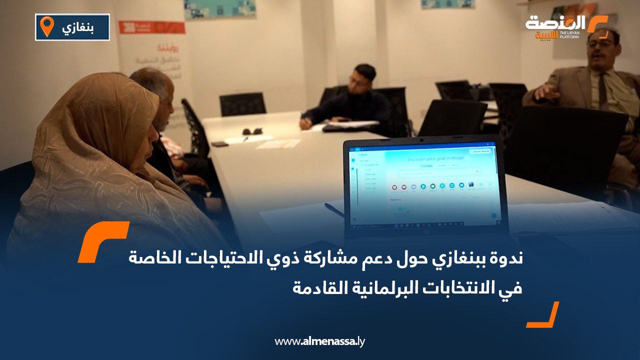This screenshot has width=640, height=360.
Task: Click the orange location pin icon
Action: [x=46, y=26]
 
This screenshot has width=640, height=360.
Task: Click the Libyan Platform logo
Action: [x=565, y=27]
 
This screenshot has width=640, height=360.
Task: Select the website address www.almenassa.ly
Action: [x=320, y=341]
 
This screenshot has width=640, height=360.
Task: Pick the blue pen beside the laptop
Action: [x=334, y=210]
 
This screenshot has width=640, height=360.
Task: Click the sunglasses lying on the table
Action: [x=253, y=131]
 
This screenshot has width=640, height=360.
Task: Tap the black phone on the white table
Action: [x=219, y=144]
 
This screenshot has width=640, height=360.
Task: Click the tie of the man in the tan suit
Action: [x=602, y=90]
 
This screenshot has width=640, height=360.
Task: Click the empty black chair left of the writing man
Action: [x=242, y=103]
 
